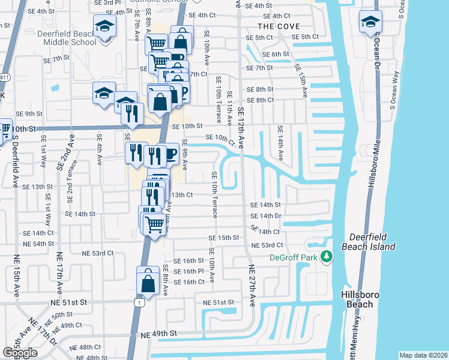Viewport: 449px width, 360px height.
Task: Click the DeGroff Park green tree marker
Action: pyautogui.click(x=327, y=256)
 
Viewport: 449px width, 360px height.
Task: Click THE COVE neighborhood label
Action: pyautogui.click(x=278, y=26)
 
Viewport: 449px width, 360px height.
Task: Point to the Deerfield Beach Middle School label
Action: pyautogui.click(x=67, y=38)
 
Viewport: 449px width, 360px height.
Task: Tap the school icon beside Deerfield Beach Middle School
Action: pyautogui.click(x=106, y=27)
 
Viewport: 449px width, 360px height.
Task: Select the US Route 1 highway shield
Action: pyautogui.click(x=139, y=303)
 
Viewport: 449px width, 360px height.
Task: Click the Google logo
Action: pyautogui.click(x=20, y=353)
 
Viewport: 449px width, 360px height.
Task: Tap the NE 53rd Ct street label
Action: pyautogui.click(x=267, y=245)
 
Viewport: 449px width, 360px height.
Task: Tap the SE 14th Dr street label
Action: pyautogui.click(x=266, y=216)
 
